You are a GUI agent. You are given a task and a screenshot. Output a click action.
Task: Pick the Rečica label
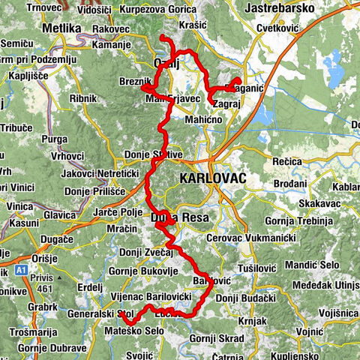[287, 161]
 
